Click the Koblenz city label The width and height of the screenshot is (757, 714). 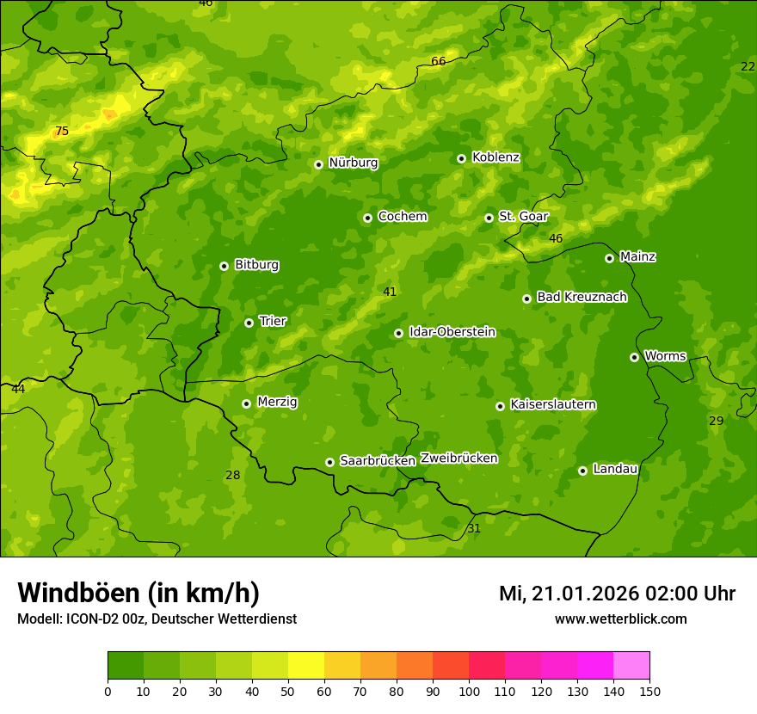tap(495, 157)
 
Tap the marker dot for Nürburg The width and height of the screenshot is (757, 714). tap(318, 164)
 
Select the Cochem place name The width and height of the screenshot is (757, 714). tap(402, 217)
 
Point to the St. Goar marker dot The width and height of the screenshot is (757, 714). tap(489, 218)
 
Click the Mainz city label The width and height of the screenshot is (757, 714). tap(637, 257)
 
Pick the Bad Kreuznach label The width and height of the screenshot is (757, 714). tap(582, 297)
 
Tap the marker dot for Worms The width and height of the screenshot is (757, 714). tap(634, 357)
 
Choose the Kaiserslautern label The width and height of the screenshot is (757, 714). tap(553, 404)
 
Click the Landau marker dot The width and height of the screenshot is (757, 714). tap(582, 471)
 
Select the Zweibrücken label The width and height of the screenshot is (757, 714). tap(459, 459)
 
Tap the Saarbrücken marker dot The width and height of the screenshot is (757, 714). tap(329, 462)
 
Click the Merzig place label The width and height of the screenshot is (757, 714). tap(277, 402)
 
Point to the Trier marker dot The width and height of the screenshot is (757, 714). tap(249, 323)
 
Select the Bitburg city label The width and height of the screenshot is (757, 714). tap(256, 265)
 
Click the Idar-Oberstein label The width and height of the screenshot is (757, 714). tap(452, 332)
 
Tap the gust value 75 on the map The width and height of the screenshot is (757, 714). tap(62, 132)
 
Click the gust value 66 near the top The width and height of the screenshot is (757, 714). tap(439, 61)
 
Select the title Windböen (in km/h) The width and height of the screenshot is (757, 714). tap(138, 593)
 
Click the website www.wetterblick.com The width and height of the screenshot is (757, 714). tap(620, 619)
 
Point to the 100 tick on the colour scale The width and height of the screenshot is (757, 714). tap(469, 691)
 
